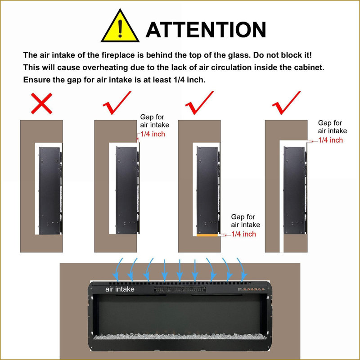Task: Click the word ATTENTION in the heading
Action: (x=206, y=30)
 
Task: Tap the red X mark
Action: (x=41, y=103)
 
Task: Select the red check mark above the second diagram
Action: (x=117, y=103)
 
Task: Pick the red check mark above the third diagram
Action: (x=199, y=103)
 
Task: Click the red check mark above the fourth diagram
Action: (x=286, y=103)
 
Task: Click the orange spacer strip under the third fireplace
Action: (x=207, y=235)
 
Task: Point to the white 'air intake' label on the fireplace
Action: (x=120, y=289)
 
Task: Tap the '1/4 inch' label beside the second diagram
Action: (x=153, y=134)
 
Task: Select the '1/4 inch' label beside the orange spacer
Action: (x=243, y=234)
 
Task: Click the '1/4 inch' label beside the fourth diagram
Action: (x=331, y=140)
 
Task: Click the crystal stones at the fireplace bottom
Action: (x=180, y=336)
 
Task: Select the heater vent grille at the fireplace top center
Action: (x=180, y=289)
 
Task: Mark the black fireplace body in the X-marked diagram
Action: (x=49, y=190)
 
